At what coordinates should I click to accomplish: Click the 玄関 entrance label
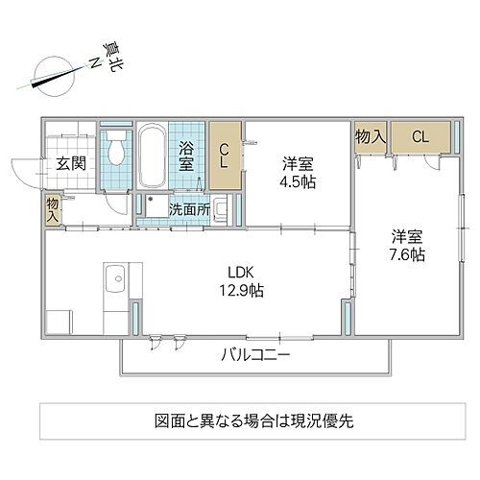(x=70, y=163)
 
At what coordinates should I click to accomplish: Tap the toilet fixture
(x=117, y=151)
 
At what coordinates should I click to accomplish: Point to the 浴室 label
(x=187, y=156)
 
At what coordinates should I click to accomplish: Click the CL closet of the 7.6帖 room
(x=420, y=137)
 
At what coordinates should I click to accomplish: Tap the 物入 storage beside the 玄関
(x=51, y=210)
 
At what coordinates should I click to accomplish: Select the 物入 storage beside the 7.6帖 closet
(x=371, y=137)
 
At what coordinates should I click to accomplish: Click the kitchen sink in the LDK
(x=113, y=280)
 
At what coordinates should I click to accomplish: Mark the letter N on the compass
(x=95, y=61)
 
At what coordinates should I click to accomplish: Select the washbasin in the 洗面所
(x=221, y=207)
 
